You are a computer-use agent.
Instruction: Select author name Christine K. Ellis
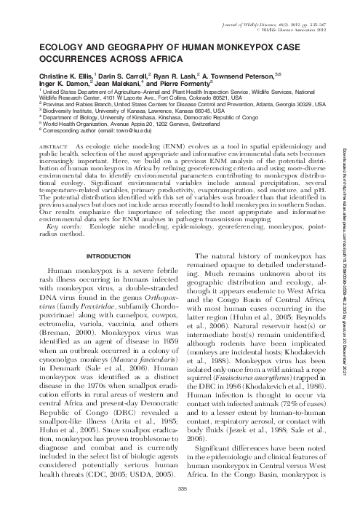(x=50, y=74)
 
